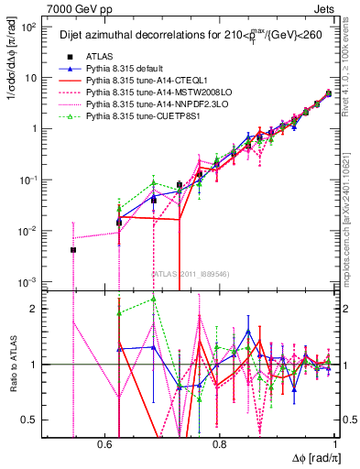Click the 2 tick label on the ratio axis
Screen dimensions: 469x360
[37, 309]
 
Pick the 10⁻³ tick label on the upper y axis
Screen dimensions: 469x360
[29, 281]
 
